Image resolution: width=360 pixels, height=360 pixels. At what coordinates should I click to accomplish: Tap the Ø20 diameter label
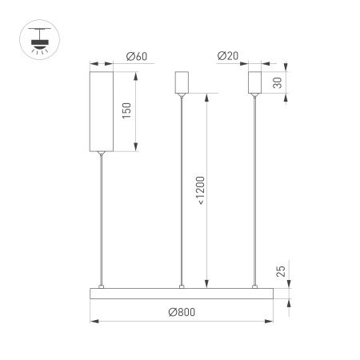[228, 57]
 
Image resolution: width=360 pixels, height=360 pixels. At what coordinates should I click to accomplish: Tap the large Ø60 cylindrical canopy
[101, 111]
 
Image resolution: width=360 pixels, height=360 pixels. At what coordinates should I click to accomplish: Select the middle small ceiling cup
[182, 84]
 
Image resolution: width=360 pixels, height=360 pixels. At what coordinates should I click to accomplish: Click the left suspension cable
[101, 216]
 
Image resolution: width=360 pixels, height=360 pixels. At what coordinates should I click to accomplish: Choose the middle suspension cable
[182, 192]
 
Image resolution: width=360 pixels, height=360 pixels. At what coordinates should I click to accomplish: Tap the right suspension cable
[255, 192]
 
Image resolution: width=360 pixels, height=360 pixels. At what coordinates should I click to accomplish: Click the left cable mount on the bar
[101, 286]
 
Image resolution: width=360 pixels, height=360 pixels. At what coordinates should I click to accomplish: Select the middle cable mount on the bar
[182, 286]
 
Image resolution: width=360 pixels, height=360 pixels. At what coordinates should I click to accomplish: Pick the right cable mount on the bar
[255, 286]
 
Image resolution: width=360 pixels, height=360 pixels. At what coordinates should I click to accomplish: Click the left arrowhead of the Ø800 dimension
[90, 322]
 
